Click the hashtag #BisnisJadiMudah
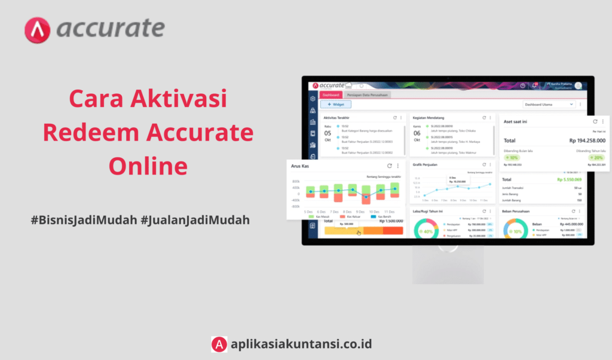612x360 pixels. pos(83,220)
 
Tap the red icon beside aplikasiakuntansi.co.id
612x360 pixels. pos(219,344)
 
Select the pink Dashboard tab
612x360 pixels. pos(331,95)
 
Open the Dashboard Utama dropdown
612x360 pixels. pos(549,105)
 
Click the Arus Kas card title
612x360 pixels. pos(300,166)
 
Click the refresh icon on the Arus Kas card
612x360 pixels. pos(389,166)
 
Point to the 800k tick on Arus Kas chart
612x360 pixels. pos(296,181)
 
